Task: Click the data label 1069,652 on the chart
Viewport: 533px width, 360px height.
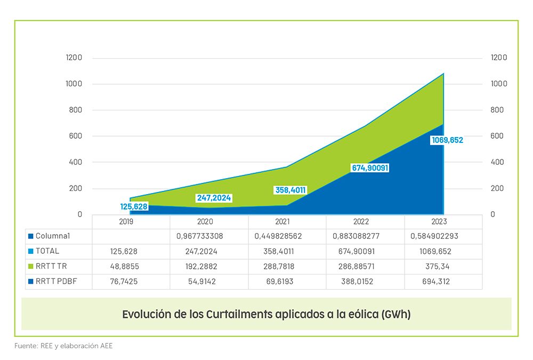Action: click(x=447, y=140)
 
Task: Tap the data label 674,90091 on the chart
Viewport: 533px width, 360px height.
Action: click(x=370, y=168)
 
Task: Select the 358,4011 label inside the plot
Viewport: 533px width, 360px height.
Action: click(x=290, y=189)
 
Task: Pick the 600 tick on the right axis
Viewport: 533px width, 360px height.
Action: click(x=497, y=136)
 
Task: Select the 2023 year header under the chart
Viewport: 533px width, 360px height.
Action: click(x=439, y=222)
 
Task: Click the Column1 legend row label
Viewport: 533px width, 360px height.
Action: click(x=53, y=236)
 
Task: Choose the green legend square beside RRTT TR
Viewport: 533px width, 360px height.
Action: click(x=31, y=266)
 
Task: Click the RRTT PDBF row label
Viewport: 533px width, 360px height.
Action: click(x=55, y=281)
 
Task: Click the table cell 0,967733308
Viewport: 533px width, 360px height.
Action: click(x=208, y=236)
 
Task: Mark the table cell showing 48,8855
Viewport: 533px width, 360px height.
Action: click(x=131, y=266)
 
